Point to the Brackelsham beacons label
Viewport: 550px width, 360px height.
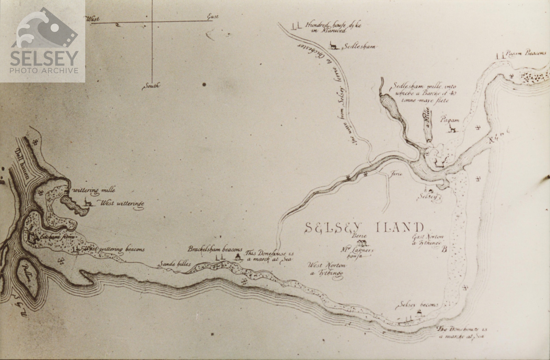215,249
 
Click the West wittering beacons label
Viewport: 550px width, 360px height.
113,249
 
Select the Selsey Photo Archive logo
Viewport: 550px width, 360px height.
43,41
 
